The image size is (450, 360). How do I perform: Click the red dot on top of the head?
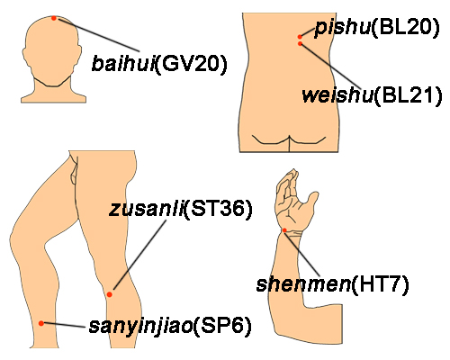[54, 18]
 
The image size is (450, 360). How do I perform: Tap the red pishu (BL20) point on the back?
[300, 37]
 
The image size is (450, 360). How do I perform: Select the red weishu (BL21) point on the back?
[300, 44]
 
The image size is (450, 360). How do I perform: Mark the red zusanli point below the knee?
[110, 294]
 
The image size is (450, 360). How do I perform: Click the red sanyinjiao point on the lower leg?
[41, 323]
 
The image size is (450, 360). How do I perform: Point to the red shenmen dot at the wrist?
[284, 230]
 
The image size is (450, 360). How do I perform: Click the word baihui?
[123, 63]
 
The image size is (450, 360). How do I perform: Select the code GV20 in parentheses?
[192, 64]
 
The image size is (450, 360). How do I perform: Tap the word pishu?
[342, 28]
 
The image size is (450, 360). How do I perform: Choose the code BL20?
[406, 27]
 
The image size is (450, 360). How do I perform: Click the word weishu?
[337, 95]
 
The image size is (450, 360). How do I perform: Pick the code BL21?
[408, 95]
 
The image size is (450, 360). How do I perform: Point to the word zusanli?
[146, 209]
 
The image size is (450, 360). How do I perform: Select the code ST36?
[218, 209]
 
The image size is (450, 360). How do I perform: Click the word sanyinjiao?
[140, 327]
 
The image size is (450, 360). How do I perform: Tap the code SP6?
[222, 325]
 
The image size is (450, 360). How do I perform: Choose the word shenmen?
[303, 284]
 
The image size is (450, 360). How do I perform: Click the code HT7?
[380, 283]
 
